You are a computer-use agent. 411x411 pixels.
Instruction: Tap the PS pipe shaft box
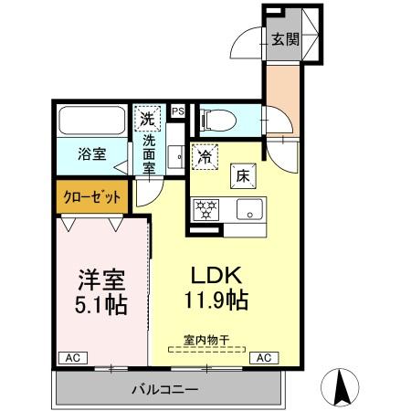coord(177,112)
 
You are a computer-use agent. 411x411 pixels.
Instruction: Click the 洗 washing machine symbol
coord(147,118)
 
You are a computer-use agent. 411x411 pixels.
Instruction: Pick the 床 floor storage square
coord(244,174)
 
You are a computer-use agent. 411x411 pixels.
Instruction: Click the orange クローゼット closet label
coord(90,195)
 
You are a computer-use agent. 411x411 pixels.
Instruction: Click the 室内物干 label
coord(206,340)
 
